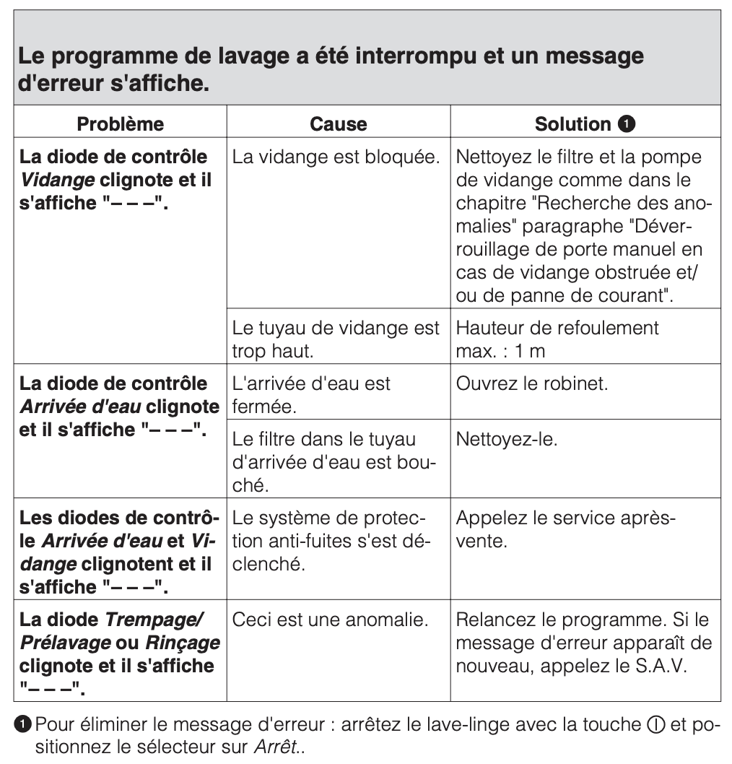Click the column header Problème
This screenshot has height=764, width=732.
coord(120,123)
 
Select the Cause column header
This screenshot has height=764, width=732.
coord(338,123)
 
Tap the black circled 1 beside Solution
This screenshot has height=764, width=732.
coord(627,123)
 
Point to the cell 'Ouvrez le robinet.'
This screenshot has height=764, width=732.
coord(532,383)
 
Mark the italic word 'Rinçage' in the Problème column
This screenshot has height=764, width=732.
coord(185,642)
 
